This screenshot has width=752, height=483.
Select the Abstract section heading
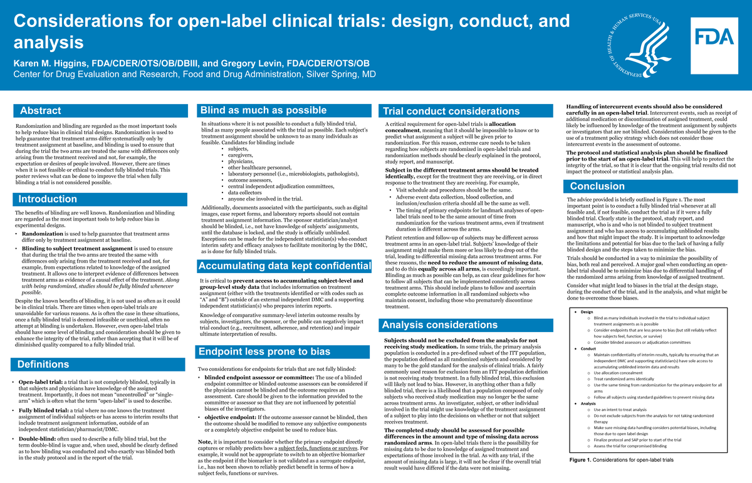(41, 111)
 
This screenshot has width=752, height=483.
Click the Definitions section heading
(43, 364)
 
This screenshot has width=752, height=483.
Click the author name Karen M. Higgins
(53, 63)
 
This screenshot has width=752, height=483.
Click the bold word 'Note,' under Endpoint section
(204, 442)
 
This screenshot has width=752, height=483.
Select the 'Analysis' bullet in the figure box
(588, 403)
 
